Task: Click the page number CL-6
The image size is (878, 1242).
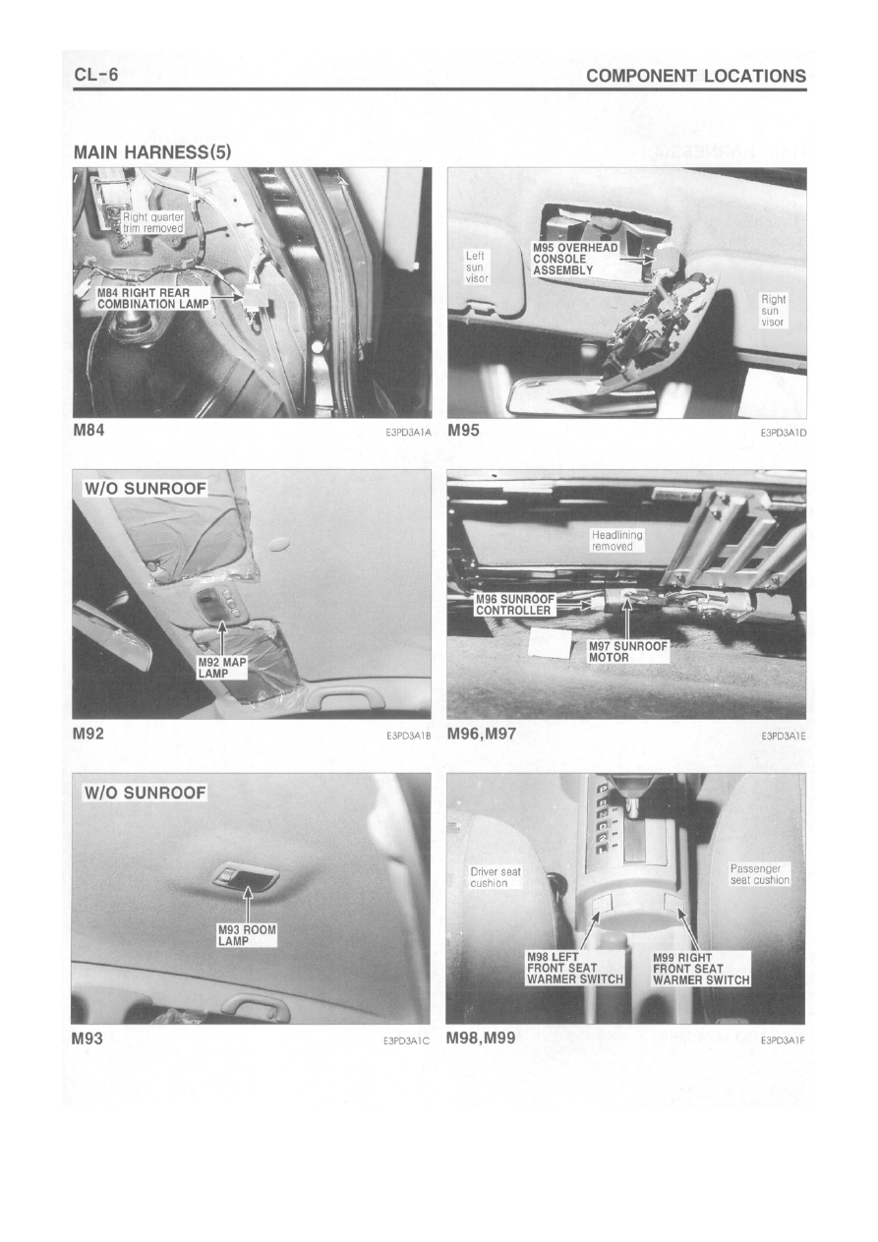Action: pos(96,75)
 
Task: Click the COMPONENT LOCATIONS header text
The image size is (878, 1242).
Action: pos(696,76)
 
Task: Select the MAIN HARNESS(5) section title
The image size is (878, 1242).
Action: pos(152,152)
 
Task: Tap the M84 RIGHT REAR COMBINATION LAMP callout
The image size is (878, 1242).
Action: pos(153,298)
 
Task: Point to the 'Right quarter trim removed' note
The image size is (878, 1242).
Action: pos(153,222)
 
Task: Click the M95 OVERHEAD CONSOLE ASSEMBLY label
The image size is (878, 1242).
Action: pos(575,259)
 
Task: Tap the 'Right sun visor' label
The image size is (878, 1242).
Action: pos(773,311)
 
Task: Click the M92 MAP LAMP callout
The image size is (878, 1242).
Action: pos(222,668)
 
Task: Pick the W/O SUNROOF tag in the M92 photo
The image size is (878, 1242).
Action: pos(145,489)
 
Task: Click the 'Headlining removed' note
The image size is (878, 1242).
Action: pos(616,541)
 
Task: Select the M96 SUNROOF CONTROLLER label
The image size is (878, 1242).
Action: pos(515,605)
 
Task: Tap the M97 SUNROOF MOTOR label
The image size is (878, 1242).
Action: pos(628,652)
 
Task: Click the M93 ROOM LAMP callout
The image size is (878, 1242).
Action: pos(247,935)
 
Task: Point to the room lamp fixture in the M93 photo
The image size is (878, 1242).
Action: pos(244,876)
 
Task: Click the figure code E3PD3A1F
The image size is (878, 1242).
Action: pos(784,1040)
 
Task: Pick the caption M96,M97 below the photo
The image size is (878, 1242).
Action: pos(481,734)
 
